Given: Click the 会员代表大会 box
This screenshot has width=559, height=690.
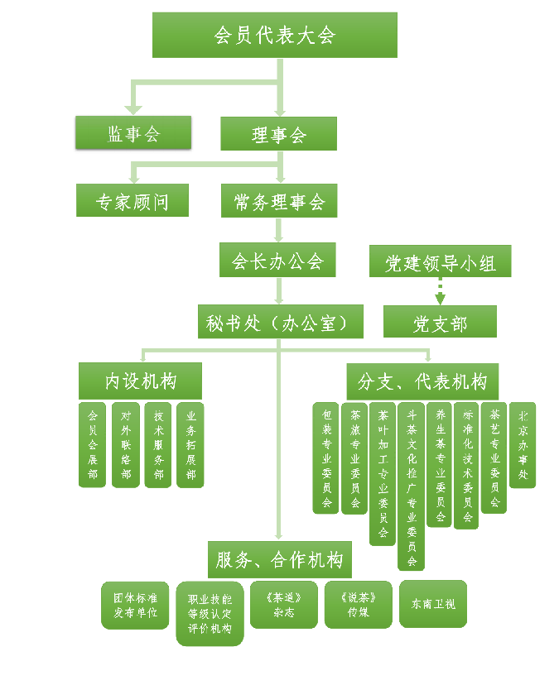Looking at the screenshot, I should [x=274, y=35].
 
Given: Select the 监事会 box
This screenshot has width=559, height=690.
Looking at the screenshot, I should [x=133, y=132].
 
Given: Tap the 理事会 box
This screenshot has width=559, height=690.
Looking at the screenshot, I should [x=278, y=133].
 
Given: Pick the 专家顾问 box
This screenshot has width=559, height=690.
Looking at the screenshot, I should [x=133, y=200].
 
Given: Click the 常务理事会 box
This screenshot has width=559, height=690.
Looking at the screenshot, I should [x=279, y=200].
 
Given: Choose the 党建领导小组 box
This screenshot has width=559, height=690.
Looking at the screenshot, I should [x=440, y=261].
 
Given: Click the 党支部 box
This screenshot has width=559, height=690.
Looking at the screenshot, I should [x=440, y=322].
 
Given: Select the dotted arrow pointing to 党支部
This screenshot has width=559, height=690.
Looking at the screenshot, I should [x=440, y=290].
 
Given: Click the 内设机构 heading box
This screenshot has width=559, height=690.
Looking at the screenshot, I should [x=140, y=381].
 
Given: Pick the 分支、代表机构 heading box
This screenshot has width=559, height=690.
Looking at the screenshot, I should [x=422, y=381].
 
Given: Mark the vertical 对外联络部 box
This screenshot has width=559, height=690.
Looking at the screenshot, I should [x=125, y=444].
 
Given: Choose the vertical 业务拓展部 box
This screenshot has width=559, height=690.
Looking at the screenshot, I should [x=190, y=444].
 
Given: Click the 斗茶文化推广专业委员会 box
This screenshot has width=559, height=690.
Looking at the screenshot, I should [x=412, y=486].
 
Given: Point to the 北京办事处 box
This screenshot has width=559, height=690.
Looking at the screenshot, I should [x=523, y=444].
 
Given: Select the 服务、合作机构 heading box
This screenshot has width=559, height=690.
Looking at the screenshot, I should [x=279, y=559].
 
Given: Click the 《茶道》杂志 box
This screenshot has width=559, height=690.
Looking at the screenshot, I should [x=283, y=605].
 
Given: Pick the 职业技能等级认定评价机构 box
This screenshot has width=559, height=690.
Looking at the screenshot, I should [x=210, y=613].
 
